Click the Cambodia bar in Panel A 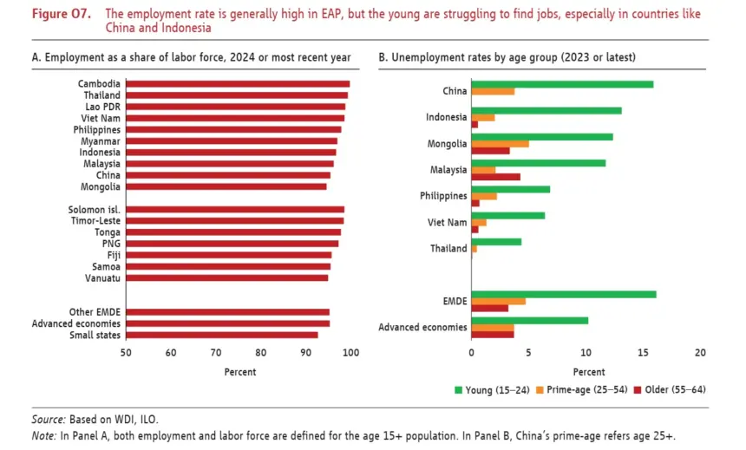tap(238, 84)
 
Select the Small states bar tap(222, 335)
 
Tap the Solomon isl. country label tap(95, 210)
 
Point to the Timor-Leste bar tap(235, 221)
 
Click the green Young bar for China tap(562, 85)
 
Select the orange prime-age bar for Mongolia tap(500, 144)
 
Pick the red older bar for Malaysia tap(496, 177)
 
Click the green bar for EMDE tap(564, 295)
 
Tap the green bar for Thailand tap(496, 242)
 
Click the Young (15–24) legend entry tap(492, 390)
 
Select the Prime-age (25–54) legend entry tap(582, 390)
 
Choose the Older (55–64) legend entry tap(670, 390)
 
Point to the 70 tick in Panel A tap(216, 353)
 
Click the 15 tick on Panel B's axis tap(643, 353)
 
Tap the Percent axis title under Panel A tap(240, 372)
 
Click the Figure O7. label tap(62, 14)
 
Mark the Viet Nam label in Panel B tap(448, 222)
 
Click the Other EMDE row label tap(95, 312)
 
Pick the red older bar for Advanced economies tap(493, 335)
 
